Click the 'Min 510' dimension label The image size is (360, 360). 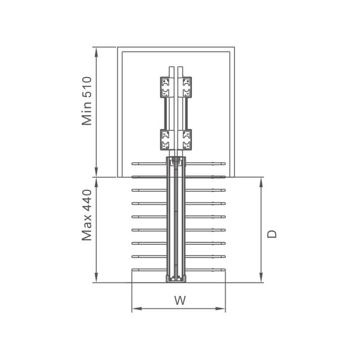click(x=87, y=101)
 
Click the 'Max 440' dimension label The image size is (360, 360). click(x=87, y=215)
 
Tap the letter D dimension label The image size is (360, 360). click(x=272, y=234)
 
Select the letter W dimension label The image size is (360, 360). click(x=180, y=301)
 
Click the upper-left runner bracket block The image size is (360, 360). click(x=167, y=87)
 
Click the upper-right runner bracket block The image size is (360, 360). click(x=185, y=87)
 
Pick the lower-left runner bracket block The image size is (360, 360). click(x=167, y=140)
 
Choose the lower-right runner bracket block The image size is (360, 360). click(x=185, y=140)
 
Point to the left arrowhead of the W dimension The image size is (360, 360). click(x=137, y=308)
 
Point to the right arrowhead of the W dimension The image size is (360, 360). click(x=220, y=308)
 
